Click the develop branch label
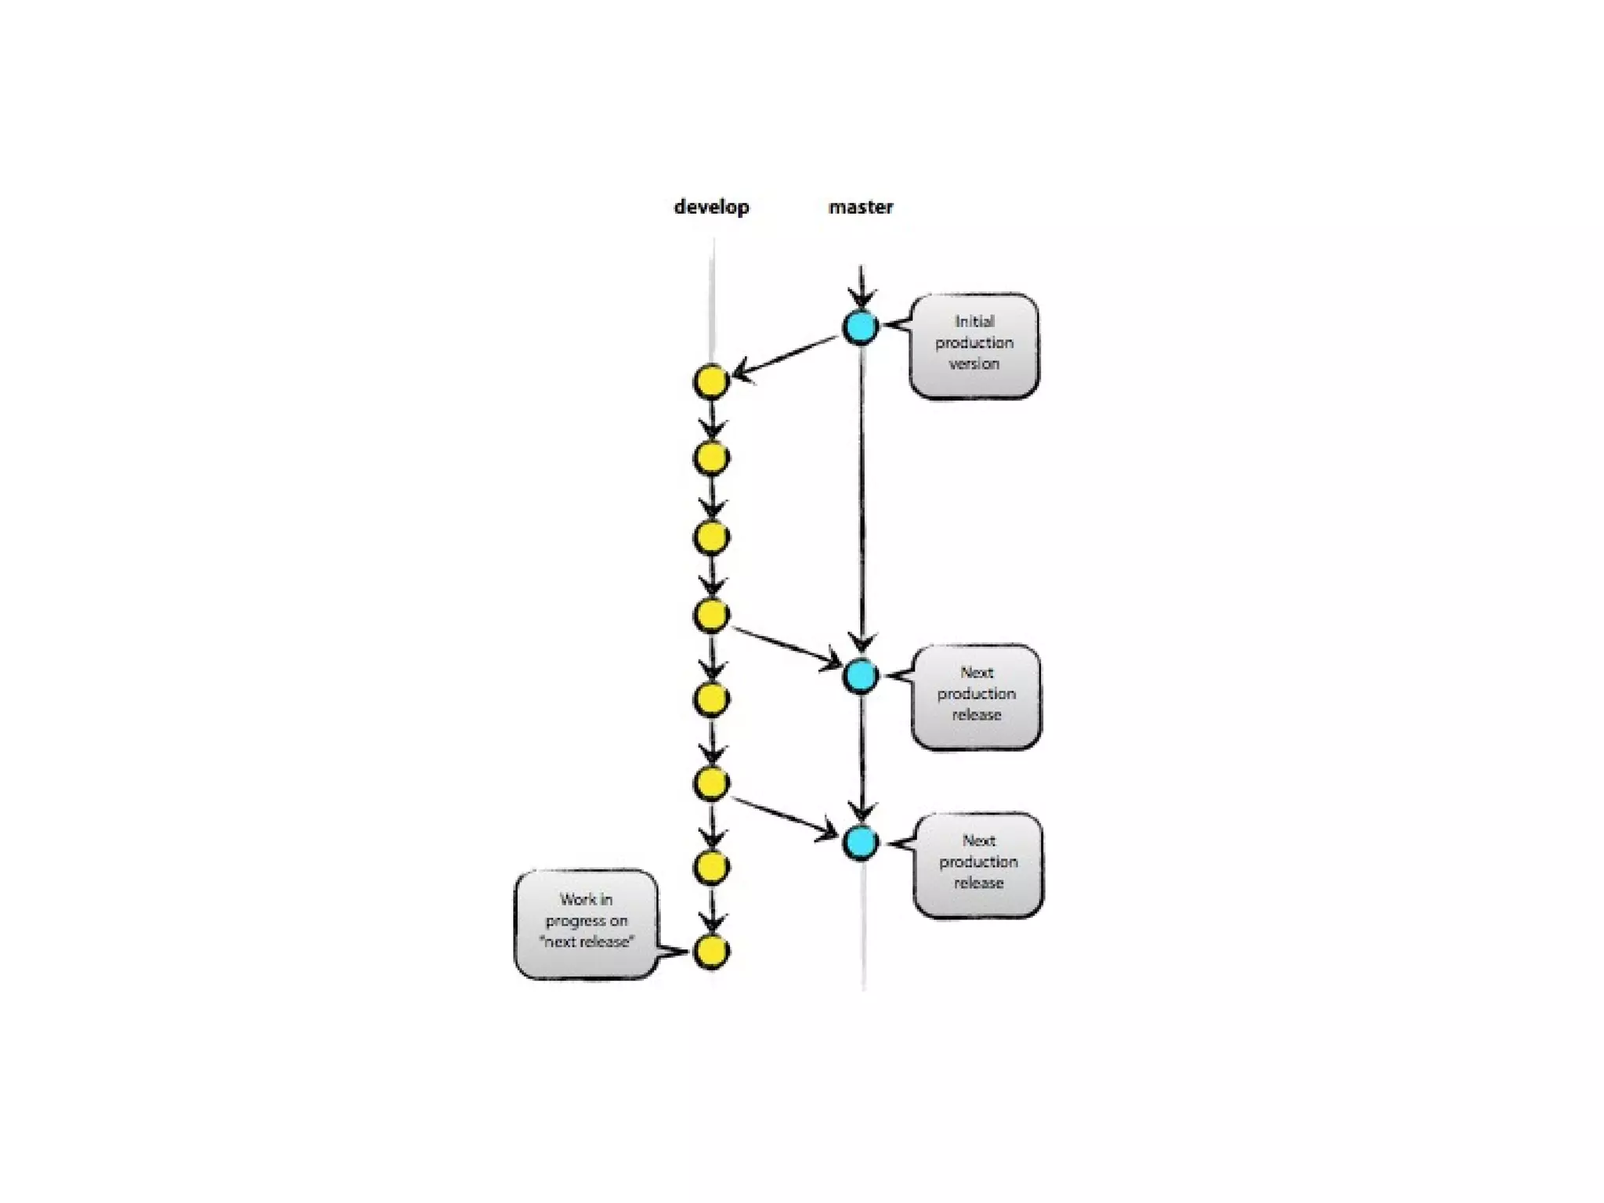click(x=711, y=207)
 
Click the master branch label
click(x=861, y=207)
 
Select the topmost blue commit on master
click(x=860, y=327)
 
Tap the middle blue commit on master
click(x=860, y=675)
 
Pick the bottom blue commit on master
click(x=861, y=843)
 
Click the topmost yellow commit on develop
click(x=711, y=383)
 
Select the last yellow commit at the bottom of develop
click(x=711, y=952)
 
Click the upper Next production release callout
click(x=977, y=695)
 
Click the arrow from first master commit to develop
click(x=786, y=358)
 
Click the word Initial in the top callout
click(x=974, y=321)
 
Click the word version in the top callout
click(x=974, y=364)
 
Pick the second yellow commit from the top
click(x=711, y=458)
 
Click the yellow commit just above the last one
click(x=711, y=866)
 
